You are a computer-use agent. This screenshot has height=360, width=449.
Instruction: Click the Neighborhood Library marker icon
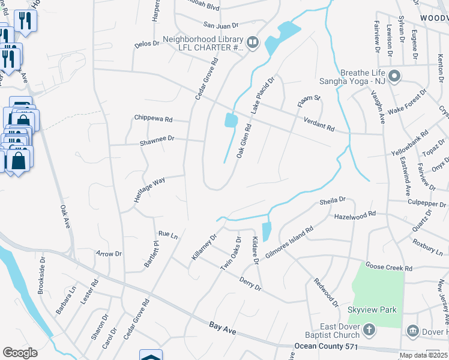(252, 41)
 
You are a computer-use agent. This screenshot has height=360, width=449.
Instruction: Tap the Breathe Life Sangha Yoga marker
(394, 76)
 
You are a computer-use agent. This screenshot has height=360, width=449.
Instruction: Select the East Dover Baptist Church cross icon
(369, 329)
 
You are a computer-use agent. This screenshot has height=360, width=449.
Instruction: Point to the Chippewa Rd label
(153, 118)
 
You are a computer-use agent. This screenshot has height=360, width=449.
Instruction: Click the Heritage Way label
(149, 189)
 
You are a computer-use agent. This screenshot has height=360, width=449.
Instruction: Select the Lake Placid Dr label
(262, 95)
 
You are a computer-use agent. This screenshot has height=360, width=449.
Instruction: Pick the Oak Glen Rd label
(243, 141)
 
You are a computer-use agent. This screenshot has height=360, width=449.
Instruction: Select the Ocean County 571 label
(328, 346)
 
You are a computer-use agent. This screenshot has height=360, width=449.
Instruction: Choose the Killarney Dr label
(204, 247)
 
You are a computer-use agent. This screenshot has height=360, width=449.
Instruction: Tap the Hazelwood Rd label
(355, 214)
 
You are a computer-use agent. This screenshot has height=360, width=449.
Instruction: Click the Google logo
(20, 352)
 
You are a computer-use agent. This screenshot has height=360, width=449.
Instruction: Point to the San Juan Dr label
(221, 25)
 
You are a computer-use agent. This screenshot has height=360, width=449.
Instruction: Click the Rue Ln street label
(168, 235)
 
